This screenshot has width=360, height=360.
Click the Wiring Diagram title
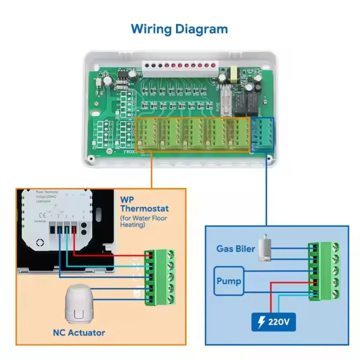[179, 28]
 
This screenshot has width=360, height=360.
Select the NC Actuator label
[79, 332]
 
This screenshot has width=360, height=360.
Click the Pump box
[229, 280]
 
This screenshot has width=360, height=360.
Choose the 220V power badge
[274, 322]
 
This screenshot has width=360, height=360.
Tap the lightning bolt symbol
[261, 322]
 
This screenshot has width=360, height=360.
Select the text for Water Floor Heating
[144, 221]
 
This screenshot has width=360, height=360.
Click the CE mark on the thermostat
[42, 216]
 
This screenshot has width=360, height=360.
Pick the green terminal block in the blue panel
[324, 270]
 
